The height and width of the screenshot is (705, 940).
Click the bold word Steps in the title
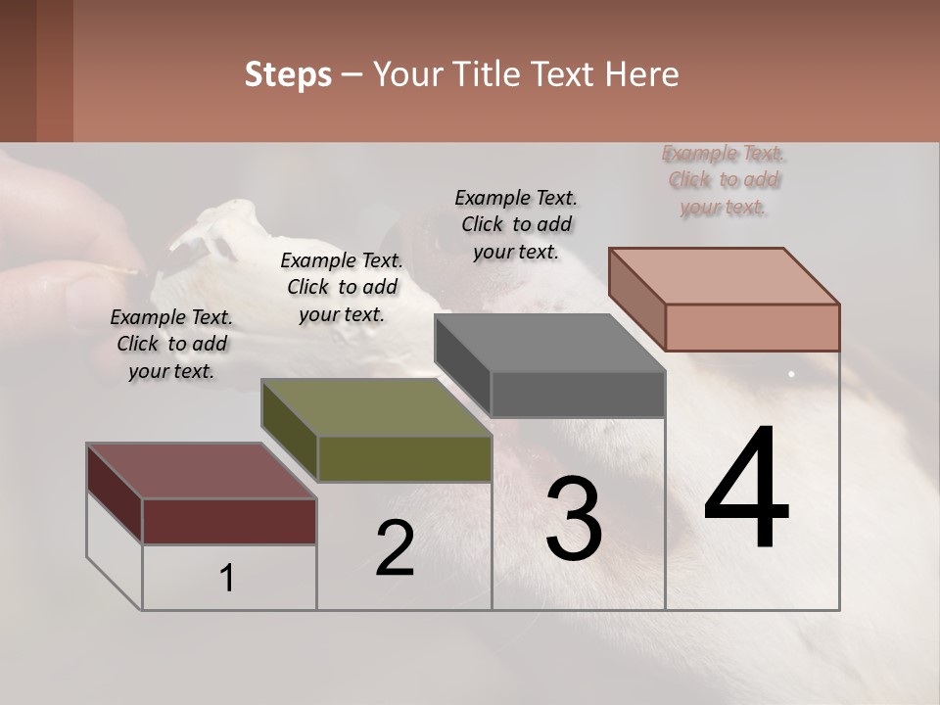tap(288, 74)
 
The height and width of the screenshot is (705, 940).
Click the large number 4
tap(746, 490)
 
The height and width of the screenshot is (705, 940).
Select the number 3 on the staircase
tap(574, 519)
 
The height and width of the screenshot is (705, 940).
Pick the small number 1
tap(227, 579)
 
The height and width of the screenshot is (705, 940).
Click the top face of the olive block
tap(376, 407)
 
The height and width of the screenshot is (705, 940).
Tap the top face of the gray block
tap(549, 343)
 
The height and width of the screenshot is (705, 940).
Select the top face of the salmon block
tap(724, 275)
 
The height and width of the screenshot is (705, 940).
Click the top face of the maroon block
tap(201, 471)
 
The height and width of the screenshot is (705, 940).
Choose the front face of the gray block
tap(578, 395)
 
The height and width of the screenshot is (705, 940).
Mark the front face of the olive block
tap(404, 458)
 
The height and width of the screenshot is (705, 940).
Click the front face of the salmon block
tap(752, 327)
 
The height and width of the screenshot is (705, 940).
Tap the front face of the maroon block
tap(229, 521)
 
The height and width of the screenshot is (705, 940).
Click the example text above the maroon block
tap(171, 344)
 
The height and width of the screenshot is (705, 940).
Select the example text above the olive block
tap(342, 287)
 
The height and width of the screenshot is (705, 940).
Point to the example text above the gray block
tap(516, 224)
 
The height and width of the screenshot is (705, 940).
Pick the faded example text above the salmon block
tap(724, 180)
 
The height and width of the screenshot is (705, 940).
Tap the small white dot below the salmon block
tap(791, 374)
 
